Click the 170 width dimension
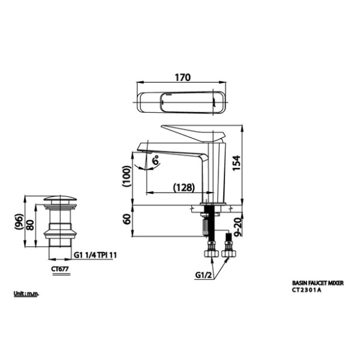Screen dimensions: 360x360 [183, 78]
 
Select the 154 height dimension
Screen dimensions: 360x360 [237, 163]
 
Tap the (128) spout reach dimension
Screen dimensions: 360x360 [184, 188]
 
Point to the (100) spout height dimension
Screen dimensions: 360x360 [126, 176]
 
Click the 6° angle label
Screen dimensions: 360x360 [156, 160]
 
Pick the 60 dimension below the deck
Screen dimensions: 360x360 [127, 219]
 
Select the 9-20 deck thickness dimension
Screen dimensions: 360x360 [238, 227]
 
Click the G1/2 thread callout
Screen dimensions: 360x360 [204, 275]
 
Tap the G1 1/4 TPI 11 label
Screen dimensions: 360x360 [95, 255]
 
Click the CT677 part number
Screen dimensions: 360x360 [60, 269]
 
